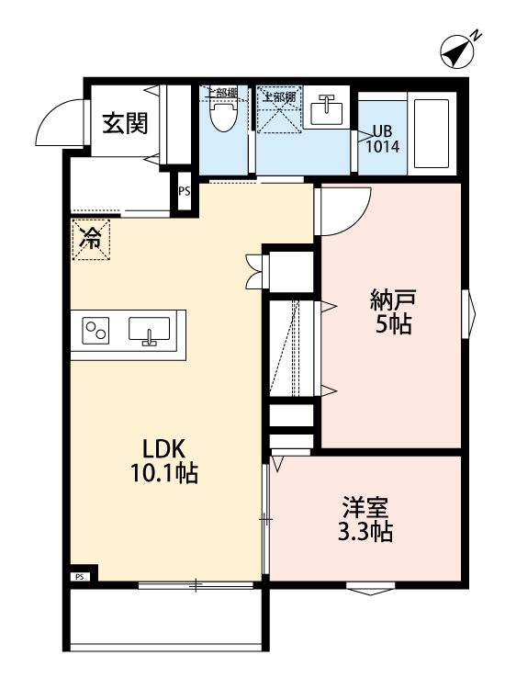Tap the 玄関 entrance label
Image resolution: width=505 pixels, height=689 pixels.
tap(125, 123)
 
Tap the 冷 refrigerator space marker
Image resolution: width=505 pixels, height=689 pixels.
tap(92, 240)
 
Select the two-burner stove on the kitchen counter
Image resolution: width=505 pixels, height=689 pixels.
tap(96, 330)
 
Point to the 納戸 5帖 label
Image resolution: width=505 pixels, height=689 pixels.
tap(392, 311)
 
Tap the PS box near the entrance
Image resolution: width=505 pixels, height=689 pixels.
tap(185, 192)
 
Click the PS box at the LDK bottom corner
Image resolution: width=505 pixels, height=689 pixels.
tap(79, 577)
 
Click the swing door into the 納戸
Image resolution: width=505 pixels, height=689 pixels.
tap(342, 209)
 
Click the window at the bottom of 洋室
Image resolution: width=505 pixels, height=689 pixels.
tap(372, 587)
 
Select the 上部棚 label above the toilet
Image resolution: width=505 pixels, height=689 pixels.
tap(220, 93)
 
